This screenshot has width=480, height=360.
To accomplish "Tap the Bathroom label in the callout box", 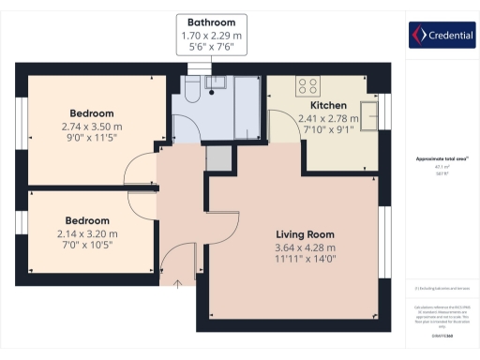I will pyautogui.click(x=211, y=22).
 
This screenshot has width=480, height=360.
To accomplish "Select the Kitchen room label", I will pyautogui.click(x=323, y=106).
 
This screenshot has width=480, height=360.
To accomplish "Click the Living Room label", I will pyautogui.click(x=305, y=234).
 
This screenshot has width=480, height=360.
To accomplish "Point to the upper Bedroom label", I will pyautogui.click(x=92, y=112).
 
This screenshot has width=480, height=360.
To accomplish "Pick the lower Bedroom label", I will pyautogui.click(x=92, y=212).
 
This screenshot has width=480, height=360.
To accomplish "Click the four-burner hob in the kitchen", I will pyautogui.click(x=307, y=86).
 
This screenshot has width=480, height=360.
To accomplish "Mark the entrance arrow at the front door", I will pyautogui.click(x=177, y=279).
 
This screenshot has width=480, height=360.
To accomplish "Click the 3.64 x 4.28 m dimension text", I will pyautogui.click(x=305, y=247).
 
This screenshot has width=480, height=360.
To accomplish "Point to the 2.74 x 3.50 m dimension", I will pyautogui.click(x=92, y=126).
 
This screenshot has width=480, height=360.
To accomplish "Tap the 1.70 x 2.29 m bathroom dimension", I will pyautogui.click(x=211, y=35).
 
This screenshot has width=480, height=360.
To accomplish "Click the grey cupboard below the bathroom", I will pyautogui.click(x=217, y=158).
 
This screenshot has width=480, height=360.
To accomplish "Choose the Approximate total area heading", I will pyautogui.click(x=441, y=159).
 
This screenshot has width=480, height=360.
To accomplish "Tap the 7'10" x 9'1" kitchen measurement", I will pyautogui.click(x=323, y=131).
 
